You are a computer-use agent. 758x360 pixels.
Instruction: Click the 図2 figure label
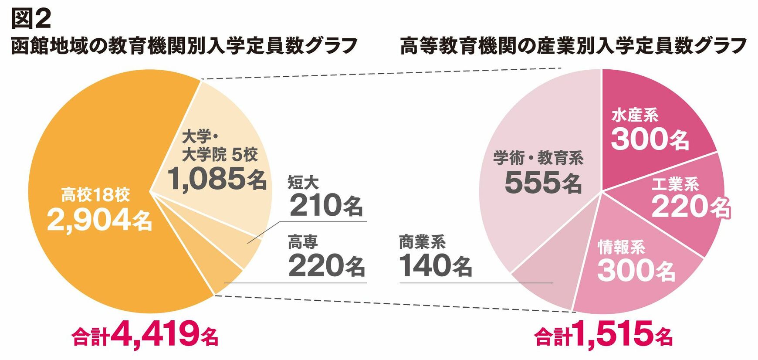pyautogui.click(x=31, y=18)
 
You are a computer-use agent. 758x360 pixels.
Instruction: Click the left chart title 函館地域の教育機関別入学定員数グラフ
pyautogui.click(x=184, y=46)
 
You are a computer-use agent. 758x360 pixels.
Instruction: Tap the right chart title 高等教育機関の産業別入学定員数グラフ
pyautogui.click(x=573, y=46)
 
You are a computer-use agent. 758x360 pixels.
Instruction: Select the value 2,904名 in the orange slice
pyautogui.click(x=99, y=220)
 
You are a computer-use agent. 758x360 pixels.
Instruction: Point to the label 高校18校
pyautogui.click(x=95, y=195)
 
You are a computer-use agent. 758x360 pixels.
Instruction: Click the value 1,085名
pyautogui.click(x=217, y=179)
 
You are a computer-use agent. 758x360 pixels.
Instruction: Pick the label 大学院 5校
pyautogui.click(x=220, y=154)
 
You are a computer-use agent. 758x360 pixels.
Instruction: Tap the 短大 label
pyautogui.click(x=303, y=183)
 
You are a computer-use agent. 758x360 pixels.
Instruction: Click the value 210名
pyautogui.click(x=326, y=205)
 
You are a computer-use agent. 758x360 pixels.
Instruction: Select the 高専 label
pyautogui.click(x=303, y=242)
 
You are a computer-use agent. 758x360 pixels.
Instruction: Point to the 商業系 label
pyautogui.click(x=422, y=242)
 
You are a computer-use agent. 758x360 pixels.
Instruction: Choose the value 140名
pyautogui.click(x=435, y=265)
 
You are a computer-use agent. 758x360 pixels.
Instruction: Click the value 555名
pyautogui.click(x=543, y=182)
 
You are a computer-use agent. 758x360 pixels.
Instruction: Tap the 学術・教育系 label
pyautogui.click(x=538, y=158)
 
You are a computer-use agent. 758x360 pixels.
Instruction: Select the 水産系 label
pyautogui.click(x=635, y=115)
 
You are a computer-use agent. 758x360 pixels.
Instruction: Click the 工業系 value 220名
pyautogui.click(x=691, y=206)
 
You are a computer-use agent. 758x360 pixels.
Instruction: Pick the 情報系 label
pyautogui.click(x=622, y=247)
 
